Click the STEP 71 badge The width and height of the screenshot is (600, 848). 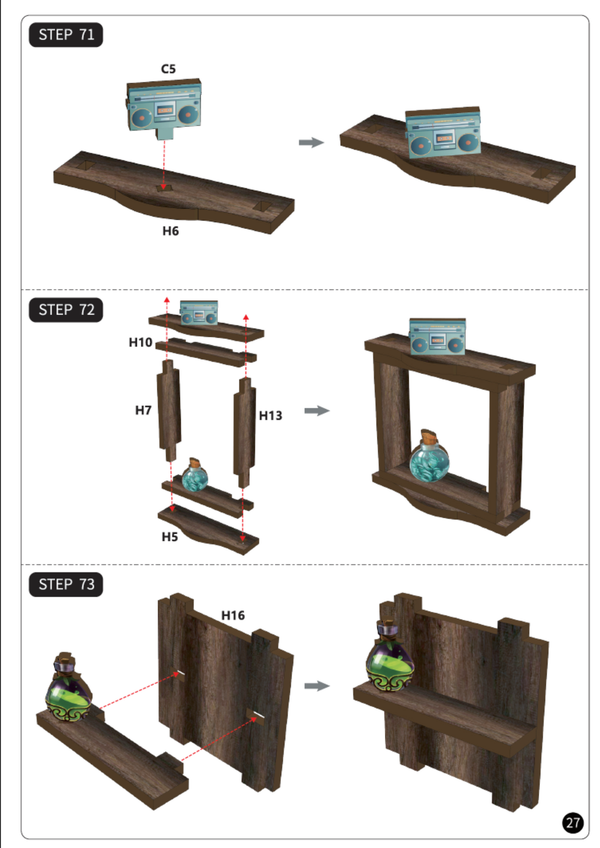click(66, 35)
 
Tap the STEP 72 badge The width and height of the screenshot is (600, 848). click(66, 310)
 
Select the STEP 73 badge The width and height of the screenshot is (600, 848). click(66, 585)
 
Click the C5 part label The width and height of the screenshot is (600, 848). click(168, 69)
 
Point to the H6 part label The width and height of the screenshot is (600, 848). click(170, 231)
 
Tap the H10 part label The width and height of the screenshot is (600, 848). click(140, 343)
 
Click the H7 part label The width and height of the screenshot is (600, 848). click(143, 411)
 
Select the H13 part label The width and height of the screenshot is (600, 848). click(270, 416)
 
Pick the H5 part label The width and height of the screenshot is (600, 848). click(169, 537)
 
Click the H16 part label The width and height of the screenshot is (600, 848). click(233, 616)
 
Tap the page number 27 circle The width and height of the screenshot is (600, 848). click(573, 823)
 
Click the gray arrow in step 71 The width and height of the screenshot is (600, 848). click(311, 142)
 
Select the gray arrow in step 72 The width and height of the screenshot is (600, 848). click(317, 411)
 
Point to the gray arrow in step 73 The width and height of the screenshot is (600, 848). click(317, 686)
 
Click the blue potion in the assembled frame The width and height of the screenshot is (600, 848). click(429, 457)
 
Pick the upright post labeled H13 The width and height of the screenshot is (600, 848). click(245, 433)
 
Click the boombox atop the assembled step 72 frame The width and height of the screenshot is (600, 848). click(437, 336)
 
